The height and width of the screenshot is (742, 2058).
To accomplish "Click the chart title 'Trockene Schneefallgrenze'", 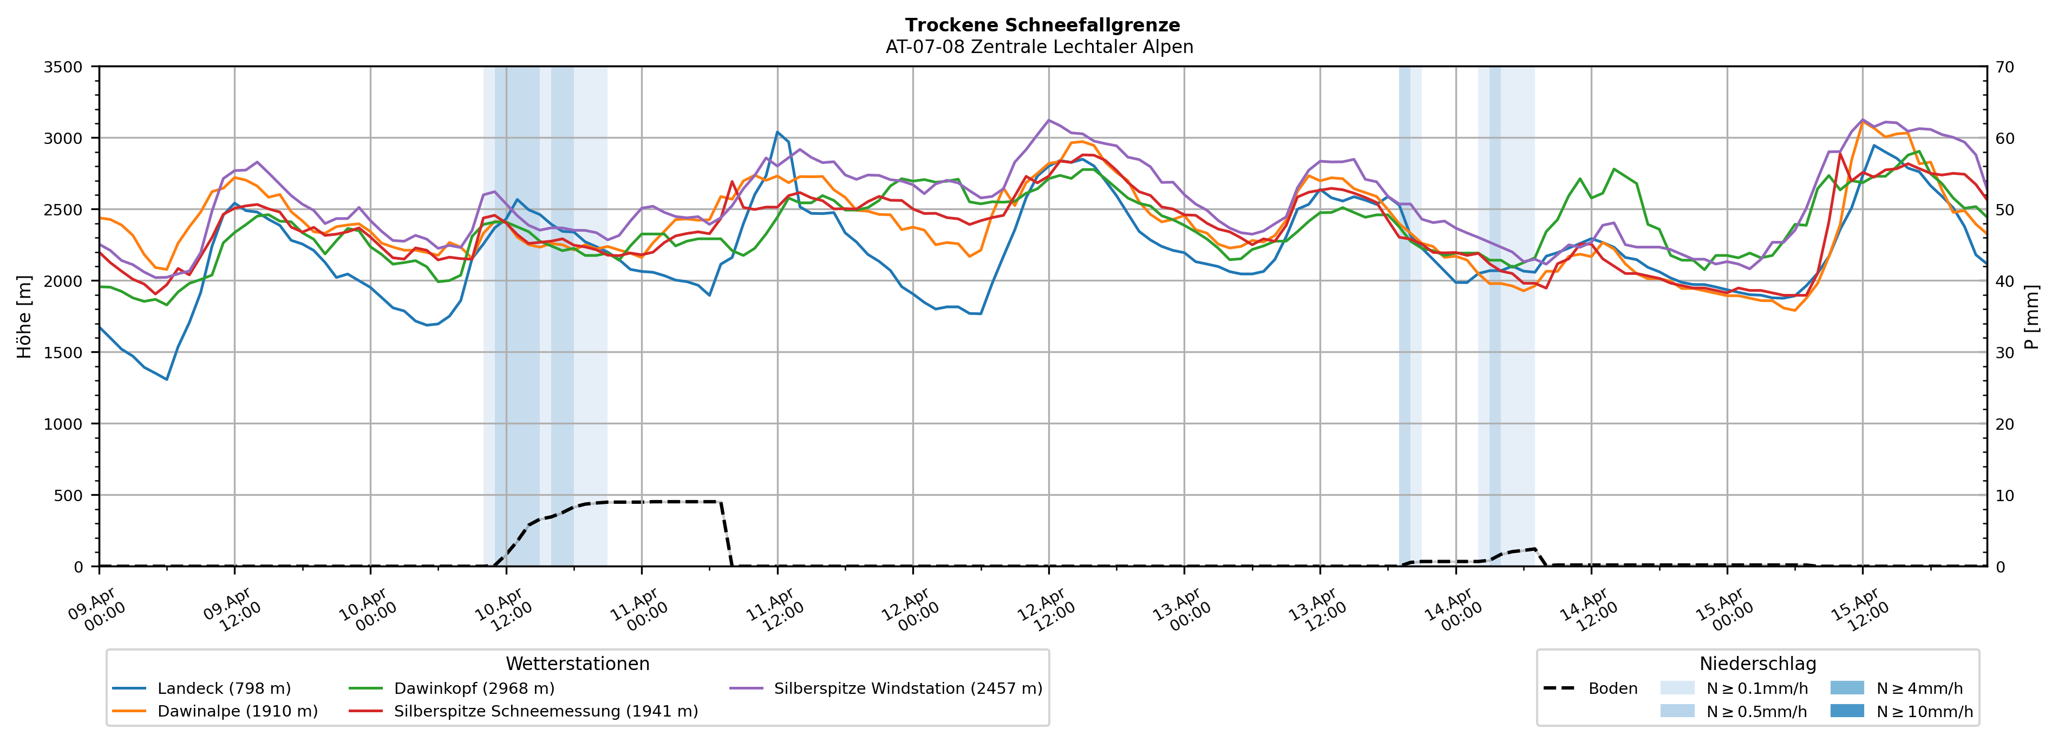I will tap(1042, 25).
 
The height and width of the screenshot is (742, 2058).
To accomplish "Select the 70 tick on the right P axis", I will tap(2004, 67).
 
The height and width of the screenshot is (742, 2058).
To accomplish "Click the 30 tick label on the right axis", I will tap(2004, 353).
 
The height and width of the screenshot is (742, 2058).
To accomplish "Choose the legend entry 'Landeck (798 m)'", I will tap(224, 688).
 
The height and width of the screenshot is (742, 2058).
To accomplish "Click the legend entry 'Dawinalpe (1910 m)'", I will tap(237, 712).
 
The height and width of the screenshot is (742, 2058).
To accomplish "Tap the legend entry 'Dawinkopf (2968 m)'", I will tap(474, 688).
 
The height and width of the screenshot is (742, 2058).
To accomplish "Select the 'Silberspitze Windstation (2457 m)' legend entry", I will tap(907, 688).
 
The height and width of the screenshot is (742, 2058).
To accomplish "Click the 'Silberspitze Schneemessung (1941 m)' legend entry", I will tap(546, 712).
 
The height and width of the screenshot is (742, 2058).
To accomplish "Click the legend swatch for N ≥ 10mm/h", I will tap(1846, 711).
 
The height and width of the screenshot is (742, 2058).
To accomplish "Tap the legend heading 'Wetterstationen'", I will tap(578, 664).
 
